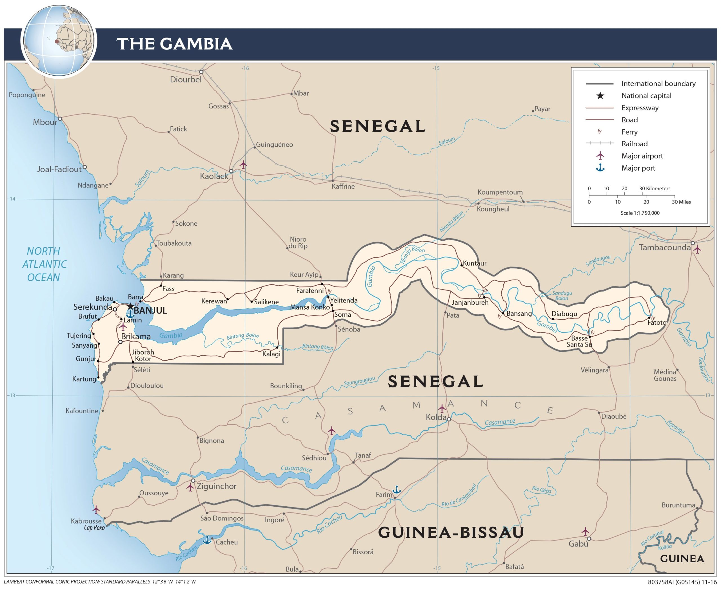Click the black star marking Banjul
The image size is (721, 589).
coord(130,306)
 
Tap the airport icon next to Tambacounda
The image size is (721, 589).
coord(697,250)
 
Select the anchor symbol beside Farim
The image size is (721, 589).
coord(397,489)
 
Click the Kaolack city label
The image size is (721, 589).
coord(214,176)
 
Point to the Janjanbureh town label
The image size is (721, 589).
coord(470,302)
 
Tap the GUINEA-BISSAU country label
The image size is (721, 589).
coord(451,532)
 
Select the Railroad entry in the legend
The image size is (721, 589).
coord(634,144)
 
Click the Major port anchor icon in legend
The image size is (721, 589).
coord(600,168)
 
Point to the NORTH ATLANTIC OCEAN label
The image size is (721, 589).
coord(44,264)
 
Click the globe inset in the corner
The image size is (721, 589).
coord(59,41)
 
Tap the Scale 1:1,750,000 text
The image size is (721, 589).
coord(640,213)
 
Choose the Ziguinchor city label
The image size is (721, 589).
coord(216,486)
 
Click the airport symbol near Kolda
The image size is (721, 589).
coord(442,408)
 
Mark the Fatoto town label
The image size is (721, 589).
coord(657,323)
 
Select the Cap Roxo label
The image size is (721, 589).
coord(94,528)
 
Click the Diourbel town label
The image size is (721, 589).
coord(186,80)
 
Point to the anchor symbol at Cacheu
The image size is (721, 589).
coord(206,540)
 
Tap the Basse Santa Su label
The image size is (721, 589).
coord(579,341)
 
